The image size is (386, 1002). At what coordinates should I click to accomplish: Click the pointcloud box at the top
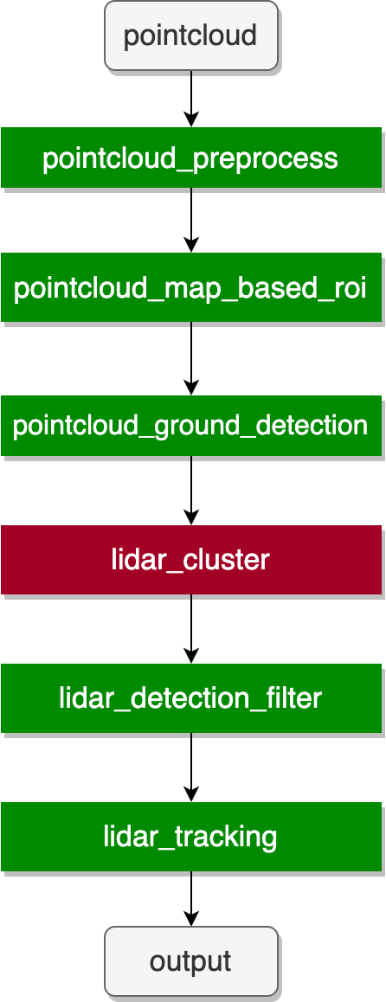tap(191, 35)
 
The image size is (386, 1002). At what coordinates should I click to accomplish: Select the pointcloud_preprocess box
tap(191, 157)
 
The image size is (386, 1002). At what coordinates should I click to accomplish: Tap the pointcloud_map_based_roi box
tap(191, 288)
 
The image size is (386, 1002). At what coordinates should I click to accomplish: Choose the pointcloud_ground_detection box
tap(191, 426)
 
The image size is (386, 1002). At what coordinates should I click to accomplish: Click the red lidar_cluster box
tap(191, 560)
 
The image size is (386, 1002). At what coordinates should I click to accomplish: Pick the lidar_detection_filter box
tap(191, 698)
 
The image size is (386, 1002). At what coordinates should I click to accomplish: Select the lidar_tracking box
tap(191, 837)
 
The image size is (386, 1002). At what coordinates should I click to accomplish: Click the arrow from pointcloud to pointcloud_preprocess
tap(191, 99)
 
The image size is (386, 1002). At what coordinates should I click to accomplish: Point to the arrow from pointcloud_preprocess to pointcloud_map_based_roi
tap(191, 221)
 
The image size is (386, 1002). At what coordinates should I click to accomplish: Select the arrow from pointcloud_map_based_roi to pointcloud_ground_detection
tap(191, 358)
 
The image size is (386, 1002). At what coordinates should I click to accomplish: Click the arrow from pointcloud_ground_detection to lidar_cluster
tap(191, 491)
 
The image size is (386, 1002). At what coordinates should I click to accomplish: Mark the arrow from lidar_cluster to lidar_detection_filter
tap(191, 629)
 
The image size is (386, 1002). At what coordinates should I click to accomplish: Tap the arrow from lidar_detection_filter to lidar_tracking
tap(191, 768)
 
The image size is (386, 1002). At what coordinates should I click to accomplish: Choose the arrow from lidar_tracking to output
tap(191, 898)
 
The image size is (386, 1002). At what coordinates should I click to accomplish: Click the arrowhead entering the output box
tap(191, 918)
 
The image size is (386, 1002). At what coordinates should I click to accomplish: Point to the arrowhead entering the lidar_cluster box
tap(191, 517)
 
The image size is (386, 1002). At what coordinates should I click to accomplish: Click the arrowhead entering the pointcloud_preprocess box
tap(191, 119)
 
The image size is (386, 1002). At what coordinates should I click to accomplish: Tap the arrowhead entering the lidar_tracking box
tap(191, 794)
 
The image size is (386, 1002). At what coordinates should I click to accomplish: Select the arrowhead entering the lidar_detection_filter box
tap(191, 656)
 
